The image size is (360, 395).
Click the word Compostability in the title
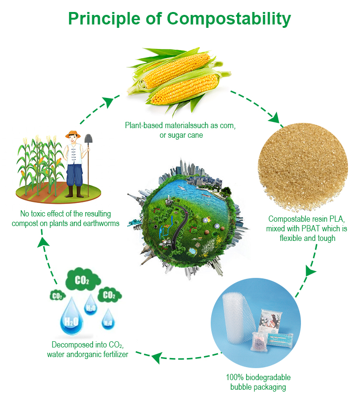point(228,19)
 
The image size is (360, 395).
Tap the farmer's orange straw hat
point(73,134)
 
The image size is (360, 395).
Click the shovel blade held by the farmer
point(88,139)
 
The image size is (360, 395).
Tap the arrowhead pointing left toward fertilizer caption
point(156,358)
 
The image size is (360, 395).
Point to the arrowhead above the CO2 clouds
point(44,242)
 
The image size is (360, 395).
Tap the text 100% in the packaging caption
point(235,377)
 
